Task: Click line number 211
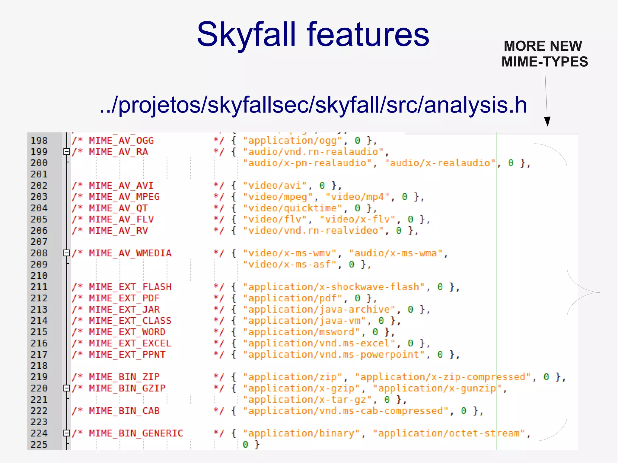pos(39,287)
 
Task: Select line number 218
pos(39,366)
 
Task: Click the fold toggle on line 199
pos(67,152)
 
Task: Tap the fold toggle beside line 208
pos(67,253)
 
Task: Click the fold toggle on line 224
pos(67,433)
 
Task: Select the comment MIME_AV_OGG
pos(121,141)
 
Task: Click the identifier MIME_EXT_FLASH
pos(130,287)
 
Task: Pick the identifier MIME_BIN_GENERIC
pos(136,433)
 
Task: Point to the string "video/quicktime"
pos(293,208)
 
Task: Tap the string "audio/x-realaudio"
pos(440,163)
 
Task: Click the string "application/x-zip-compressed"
pos(443,377)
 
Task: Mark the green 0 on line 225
pos(245,445)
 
